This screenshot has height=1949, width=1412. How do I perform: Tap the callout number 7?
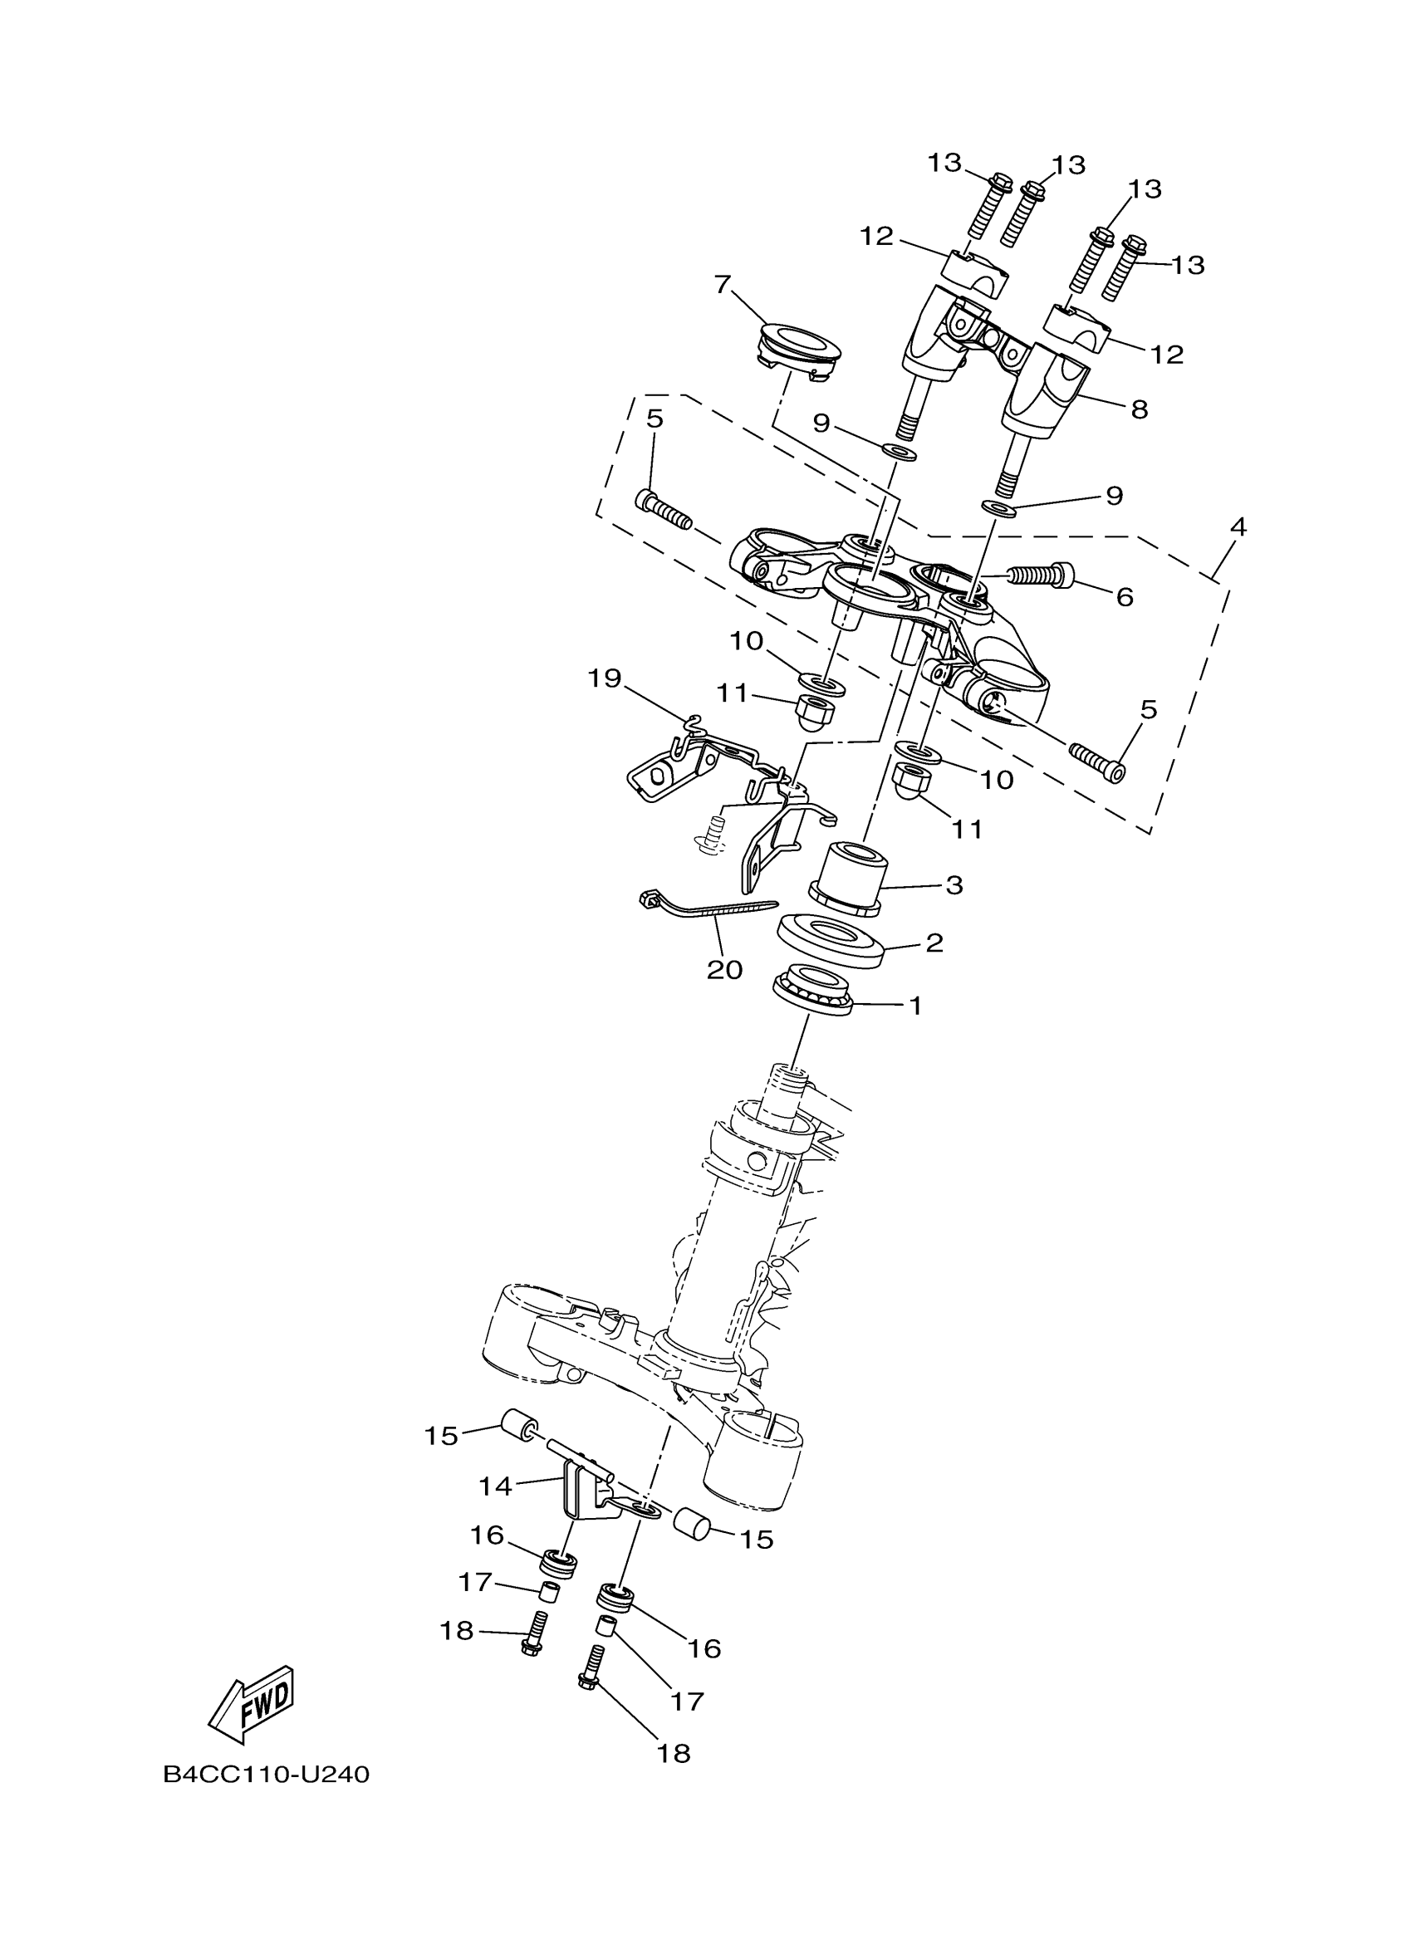[722, 285]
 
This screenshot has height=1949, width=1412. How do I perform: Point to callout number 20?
[724, 969]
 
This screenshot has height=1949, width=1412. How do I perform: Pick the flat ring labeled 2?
[831, 940]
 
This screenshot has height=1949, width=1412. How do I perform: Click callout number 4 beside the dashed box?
[1238, 526]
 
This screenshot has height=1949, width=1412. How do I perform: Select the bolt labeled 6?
[1042, 575]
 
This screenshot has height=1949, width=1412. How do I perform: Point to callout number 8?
[1140, 410]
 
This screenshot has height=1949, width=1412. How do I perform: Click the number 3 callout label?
[954, 885]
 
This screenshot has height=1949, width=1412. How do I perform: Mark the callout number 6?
[1125, 596]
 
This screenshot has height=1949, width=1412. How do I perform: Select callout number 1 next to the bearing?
[916, 1005]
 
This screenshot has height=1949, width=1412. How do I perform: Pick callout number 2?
[935, 943]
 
